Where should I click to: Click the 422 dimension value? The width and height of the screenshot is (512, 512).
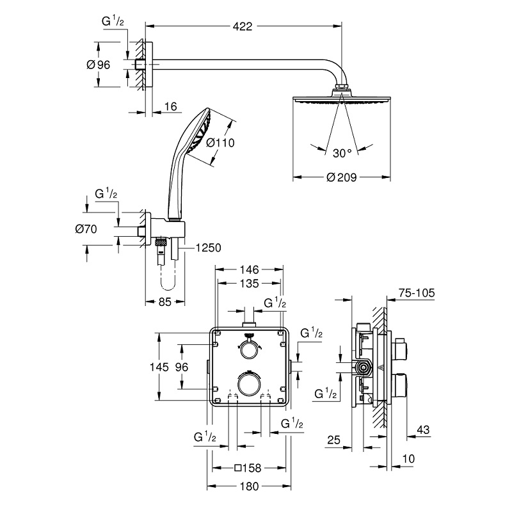click(x=243, y=26)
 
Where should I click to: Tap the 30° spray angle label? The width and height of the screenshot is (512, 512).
click(x=342, y=153)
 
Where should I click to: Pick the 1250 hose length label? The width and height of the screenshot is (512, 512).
click(x=209, y=247)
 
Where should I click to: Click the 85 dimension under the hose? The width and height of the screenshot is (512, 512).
click(x=164, y=302)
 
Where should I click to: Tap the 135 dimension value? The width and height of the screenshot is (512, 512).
click(x=250, y=283)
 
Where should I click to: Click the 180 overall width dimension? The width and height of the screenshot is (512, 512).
click(x=250, y=486)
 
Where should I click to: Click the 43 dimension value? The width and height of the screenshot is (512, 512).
click(x=422, y=429)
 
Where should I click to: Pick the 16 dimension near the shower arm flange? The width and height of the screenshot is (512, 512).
click(x=170, y=107)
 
